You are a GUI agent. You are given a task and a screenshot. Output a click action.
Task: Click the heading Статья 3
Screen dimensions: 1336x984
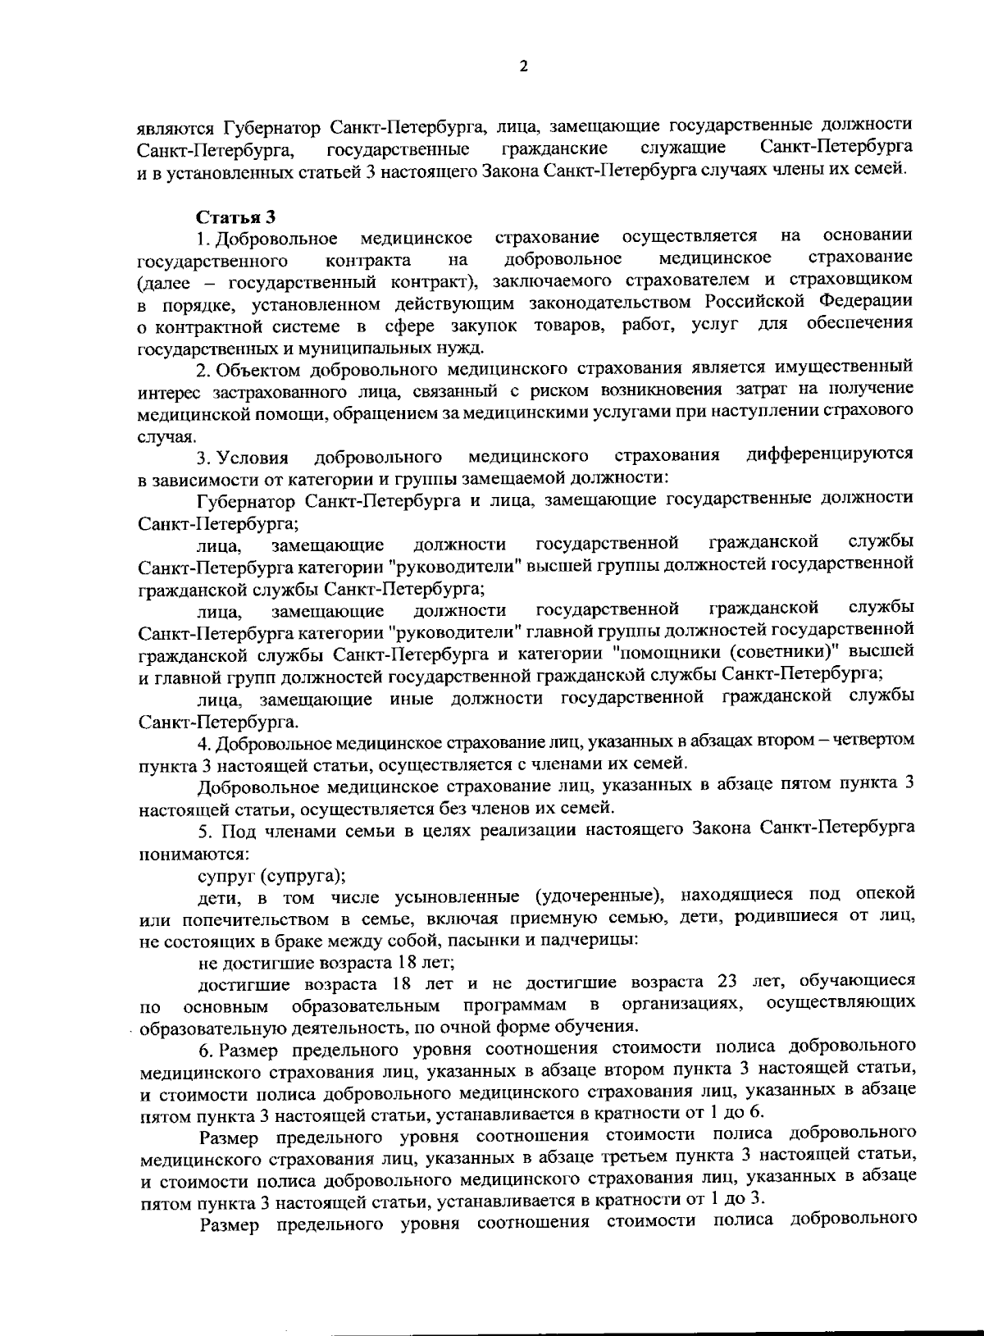click(x=235, y=217)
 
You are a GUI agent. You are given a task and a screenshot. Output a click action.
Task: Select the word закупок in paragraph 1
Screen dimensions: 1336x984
click(x=494, y=326)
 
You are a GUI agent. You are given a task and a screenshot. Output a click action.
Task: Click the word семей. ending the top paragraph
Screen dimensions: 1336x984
click(x=881, y=171)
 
